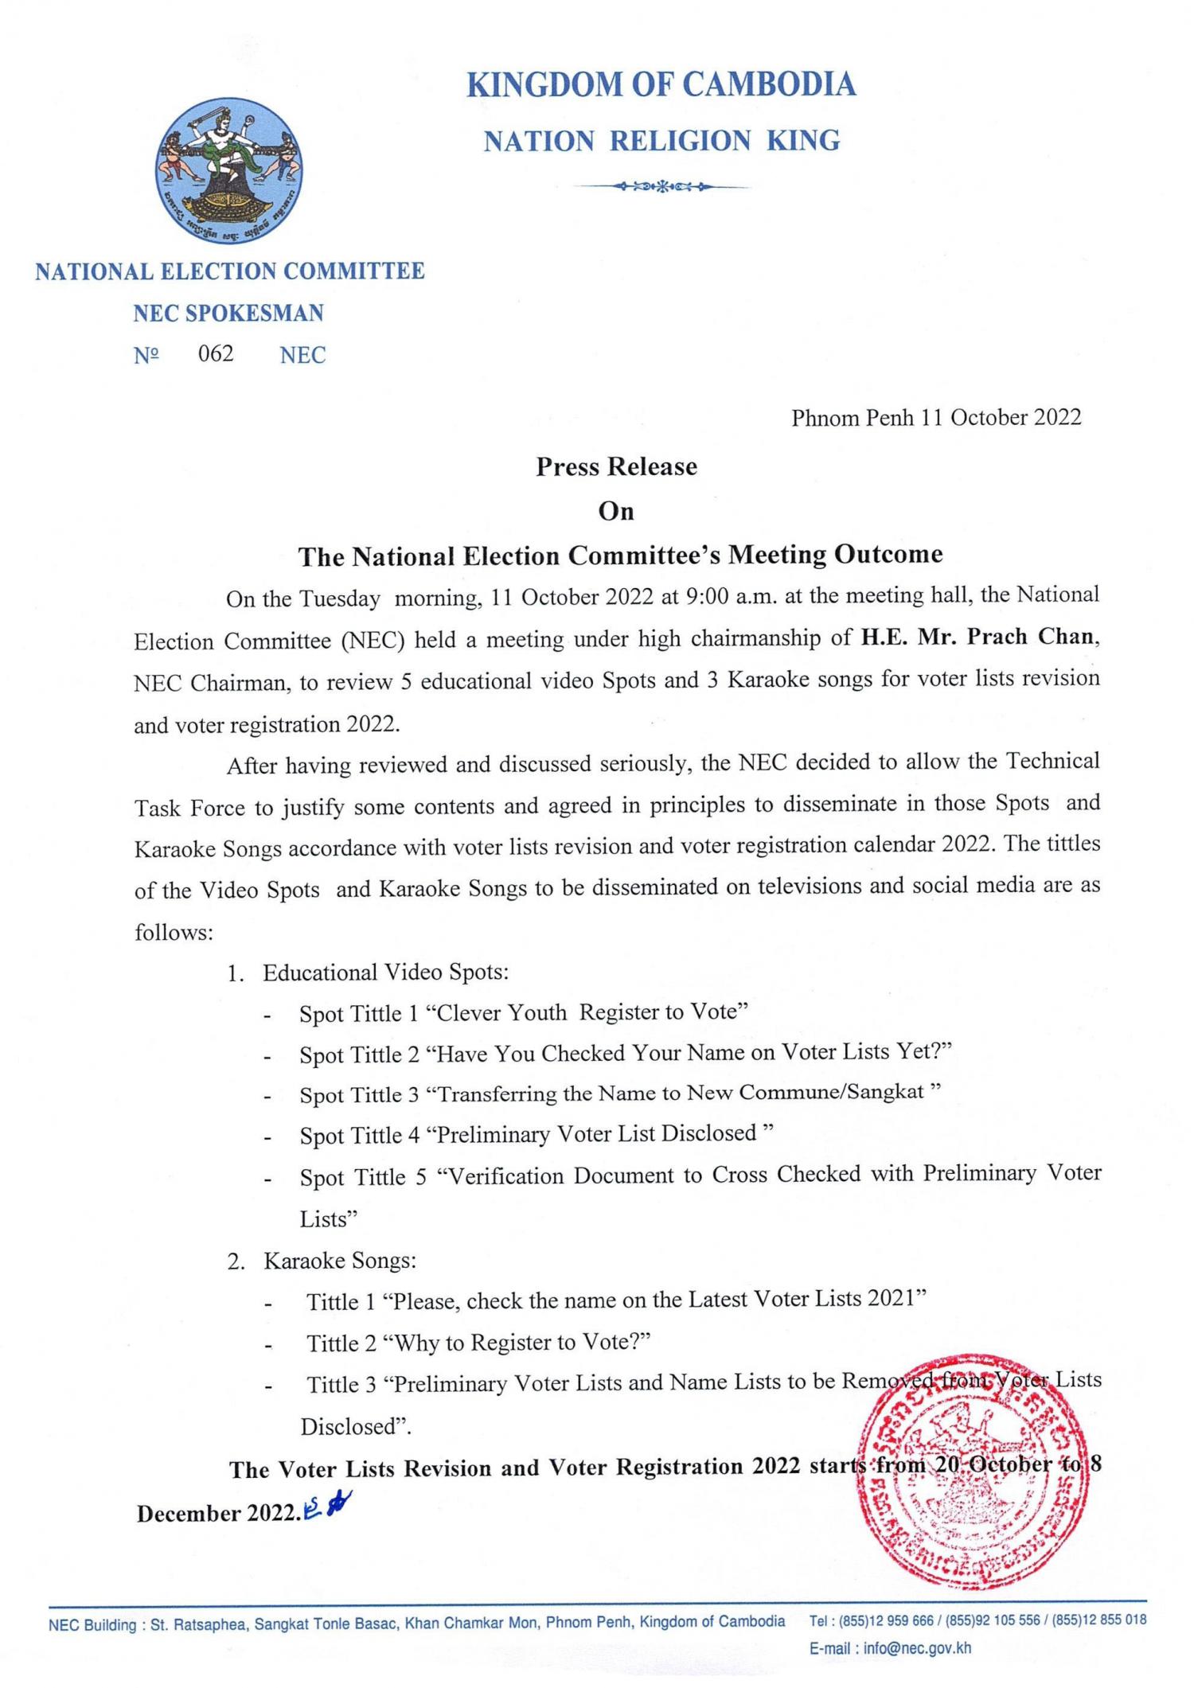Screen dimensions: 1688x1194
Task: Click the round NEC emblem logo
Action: (229, 172)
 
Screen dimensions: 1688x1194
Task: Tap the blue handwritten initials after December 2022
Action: (328, 1507)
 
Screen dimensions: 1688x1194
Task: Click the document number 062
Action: (216, 353)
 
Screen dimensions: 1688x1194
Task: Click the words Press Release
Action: (616, 466)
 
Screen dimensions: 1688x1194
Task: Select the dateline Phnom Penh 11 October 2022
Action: (936, 418)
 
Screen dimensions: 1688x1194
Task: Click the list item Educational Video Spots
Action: (385, 973)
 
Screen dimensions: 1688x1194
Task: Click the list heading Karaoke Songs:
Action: (340, 1261)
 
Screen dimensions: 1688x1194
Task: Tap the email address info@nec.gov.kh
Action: (916, 1648)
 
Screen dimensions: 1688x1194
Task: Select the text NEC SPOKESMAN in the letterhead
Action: (228, 313)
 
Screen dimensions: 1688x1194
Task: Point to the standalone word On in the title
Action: (616, 511)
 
